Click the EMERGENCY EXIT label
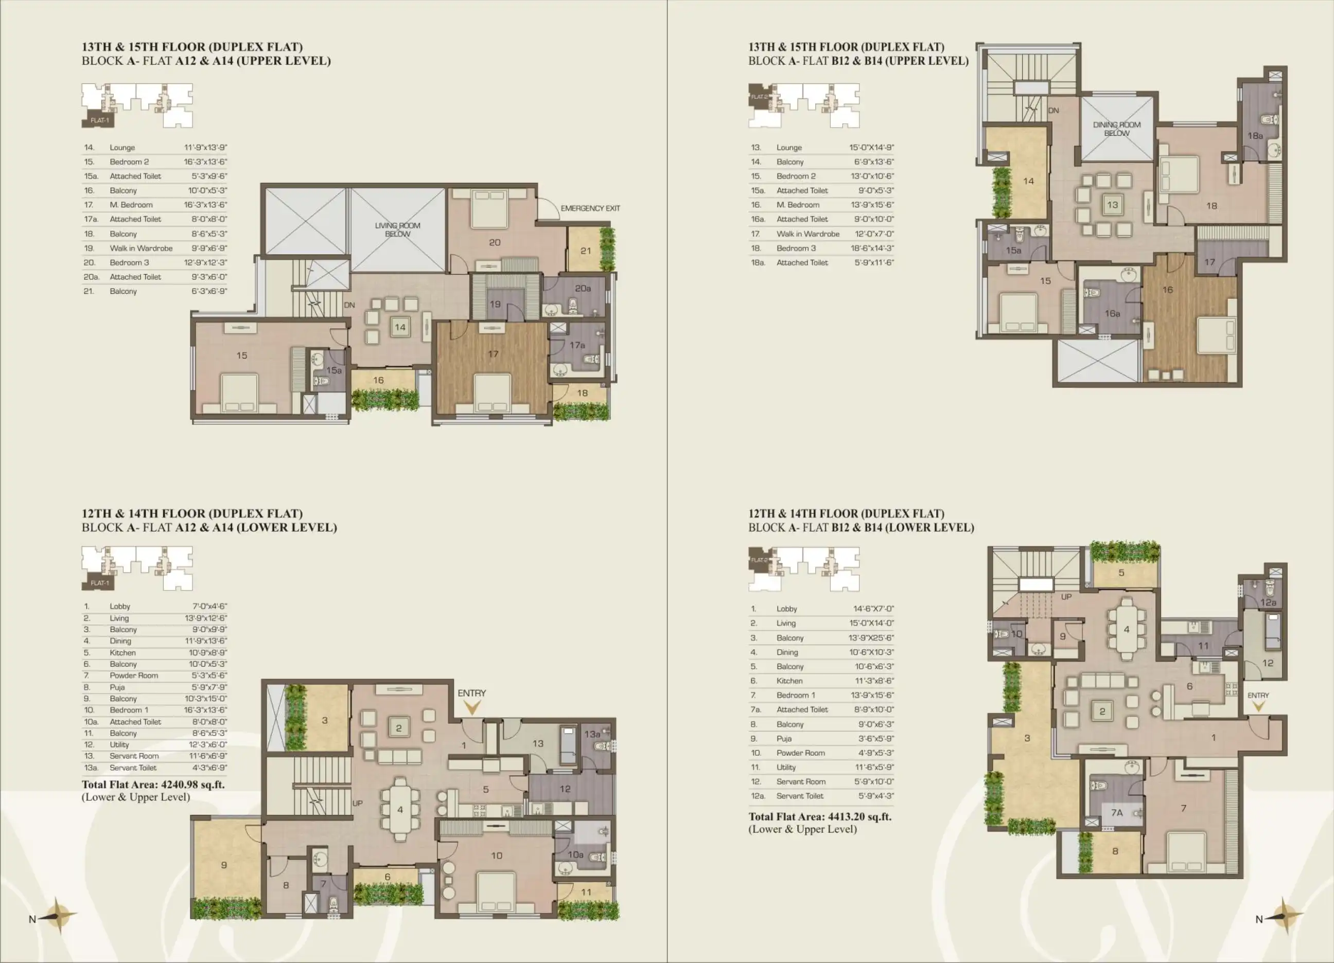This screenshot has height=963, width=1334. pos(590,208)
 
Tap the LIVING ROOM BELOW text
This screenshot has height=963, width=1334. pos(398,230)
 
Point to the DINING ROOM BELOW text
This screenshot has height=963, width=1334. pos(1116,129)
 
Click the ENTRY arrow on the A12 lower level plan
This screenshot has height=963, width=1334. pos(472,708)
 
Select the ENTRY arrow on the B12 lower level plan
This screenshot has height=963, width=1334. pos(1258,706)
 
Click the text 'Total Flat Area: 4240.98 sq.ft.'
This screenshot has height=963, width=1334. pos(153,784)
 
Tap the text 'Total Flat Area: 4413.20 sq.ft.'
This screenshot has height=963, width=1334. pos(820,816)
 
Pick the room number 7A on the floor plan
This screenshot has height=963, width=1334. pos(1116,813)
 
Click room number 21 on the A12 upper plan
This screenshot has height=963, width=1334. pos(585,251)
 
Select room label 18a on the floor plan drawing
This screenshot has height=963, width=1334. pos(1255,136)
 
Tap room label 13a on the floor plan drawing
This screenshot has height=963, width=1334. pos(592,734)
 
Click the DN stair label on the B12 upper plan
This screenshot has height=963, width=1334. pos(1054,111)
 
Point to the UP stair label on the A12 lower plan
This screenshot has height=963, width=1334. pos(358,803)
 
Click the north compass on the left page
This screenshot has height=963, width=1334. pos(57,915)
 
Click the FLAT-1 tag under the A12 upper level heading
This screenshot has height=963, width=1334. pos(99,120)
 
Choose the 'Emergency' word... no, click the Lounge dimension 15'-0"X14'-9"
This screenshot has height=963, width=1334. pos(871,148)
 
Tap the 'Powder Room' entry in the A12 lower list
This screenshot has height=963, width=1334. pos(133,675)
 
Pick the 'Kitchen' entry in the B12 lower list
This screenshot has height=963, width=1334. pos(789,681)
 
